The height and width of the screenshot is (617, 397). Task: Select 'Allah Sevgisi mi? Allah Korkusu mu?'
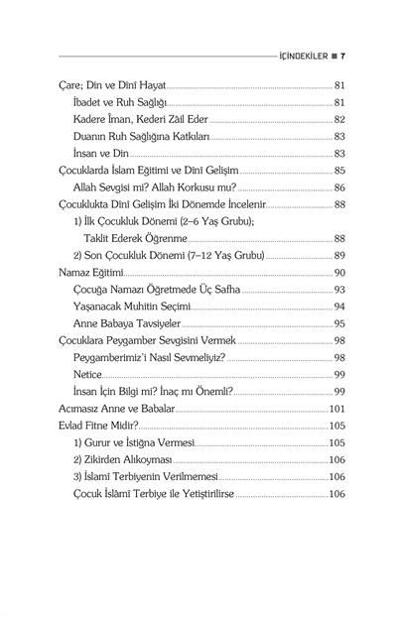pyautogui.click(x=155, y=186)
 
